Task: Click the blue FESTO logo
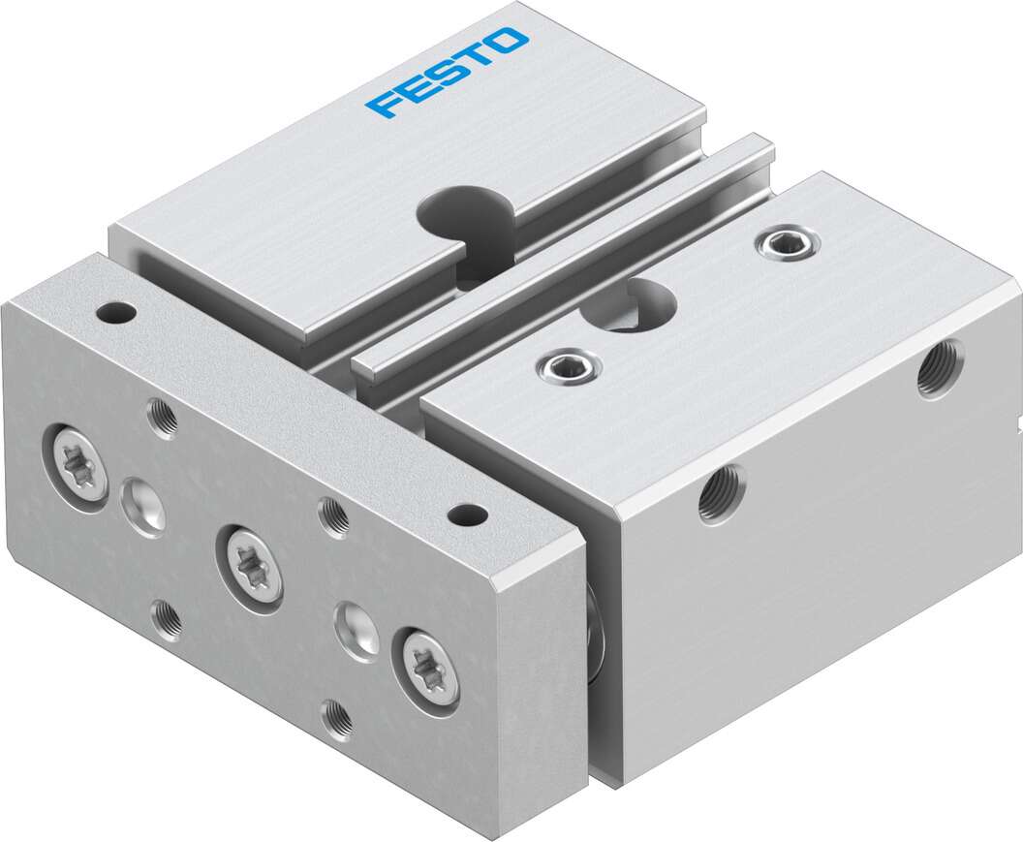[x=448, y=72]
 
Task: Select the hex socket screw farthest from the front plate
[x=786, y=243]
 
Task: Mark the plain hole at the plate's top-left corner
[x=116, y=313]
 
